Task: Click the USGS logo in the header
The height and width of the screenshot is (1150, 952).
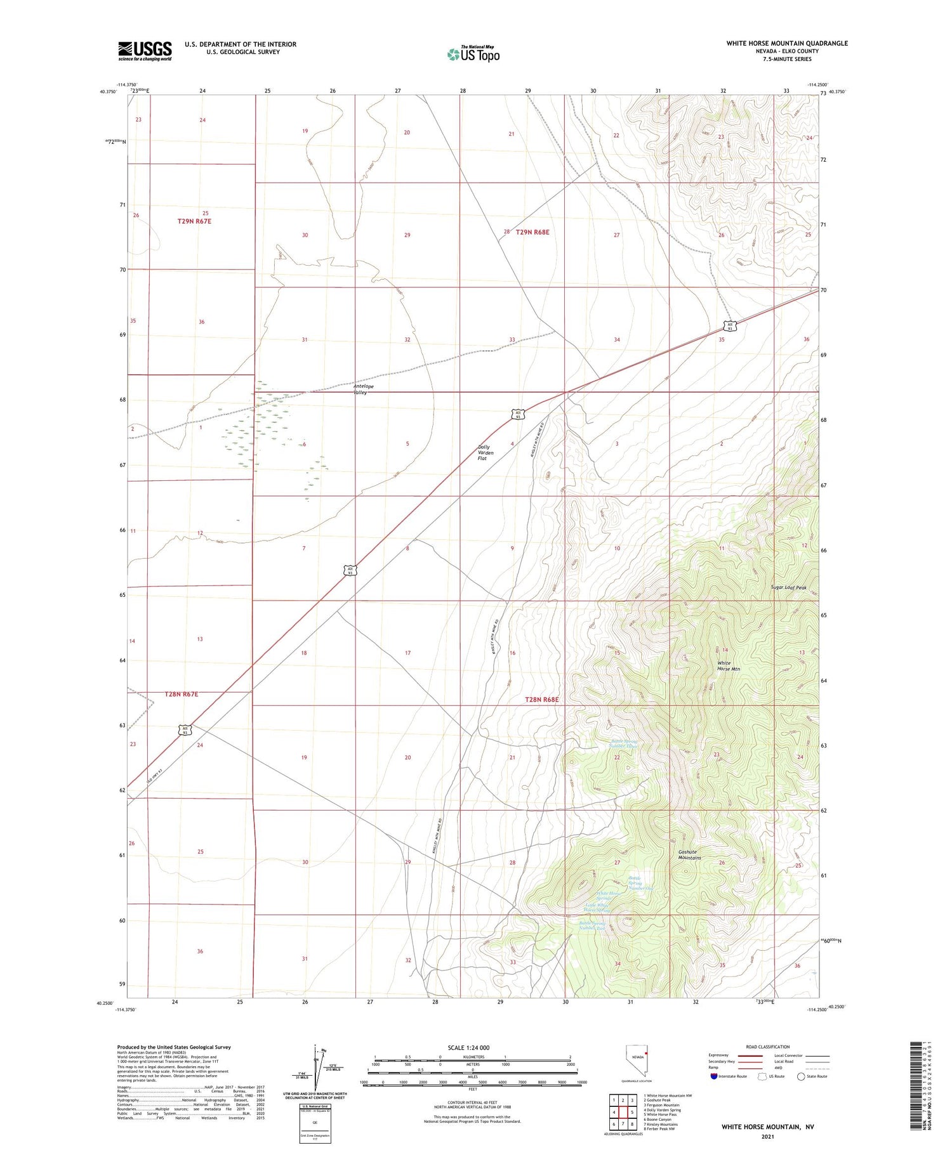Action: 145,51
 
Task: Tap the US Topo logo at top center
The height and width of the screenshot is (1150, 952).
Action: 473,54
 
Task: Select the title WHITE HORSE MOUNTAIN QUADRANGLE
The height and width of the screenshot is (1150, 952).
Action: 786,43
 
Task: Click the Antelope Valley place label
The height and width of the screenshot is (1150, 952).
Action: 364,389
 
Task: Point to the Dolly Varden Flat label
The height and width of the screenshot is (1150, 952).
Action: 486,452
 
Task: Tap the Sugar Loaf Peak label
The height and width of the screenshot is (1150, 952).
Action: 788,587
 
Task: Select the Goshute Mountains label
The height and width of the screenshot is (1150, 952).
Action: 689,854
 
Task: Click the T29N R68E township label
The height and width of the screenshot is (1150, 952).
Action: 532,232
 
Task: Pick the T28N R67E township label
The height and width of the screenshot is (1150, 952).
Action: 182,694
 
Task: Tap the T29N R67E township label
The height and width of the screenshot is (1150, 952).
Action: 194,221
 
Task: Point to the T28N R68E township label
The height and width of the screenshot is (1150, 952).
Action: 542,699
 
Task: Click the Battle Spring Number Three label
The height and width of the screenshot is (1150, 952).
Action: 624,743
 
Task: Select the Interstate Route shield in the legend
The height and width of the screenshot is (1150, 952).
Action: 715,1076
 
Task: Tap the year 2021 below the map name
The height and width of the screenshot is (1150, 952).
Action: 767,1137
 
